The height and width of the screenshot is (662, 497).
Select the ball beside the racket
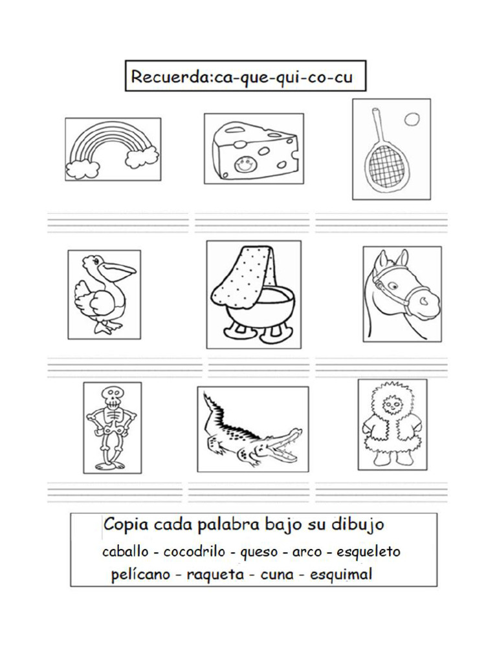(x=411, y=119)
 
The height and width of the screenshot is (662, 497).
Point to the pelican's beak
(x=120, y=269)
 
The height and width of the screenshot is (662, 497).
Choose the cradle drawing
(x=254, y=294)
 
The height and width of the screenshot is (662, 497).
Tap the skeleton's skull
(x=111, y=395)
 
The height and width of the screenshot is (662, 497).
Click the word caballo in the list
(x=124, y=552)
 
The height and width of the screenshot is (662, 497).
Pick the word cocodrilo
(x=194, y=552)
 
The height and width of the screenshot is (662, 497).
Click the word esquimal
(x=341, y=574)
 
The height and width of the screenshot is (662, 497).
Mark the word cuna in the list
(x=276, y=574)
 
